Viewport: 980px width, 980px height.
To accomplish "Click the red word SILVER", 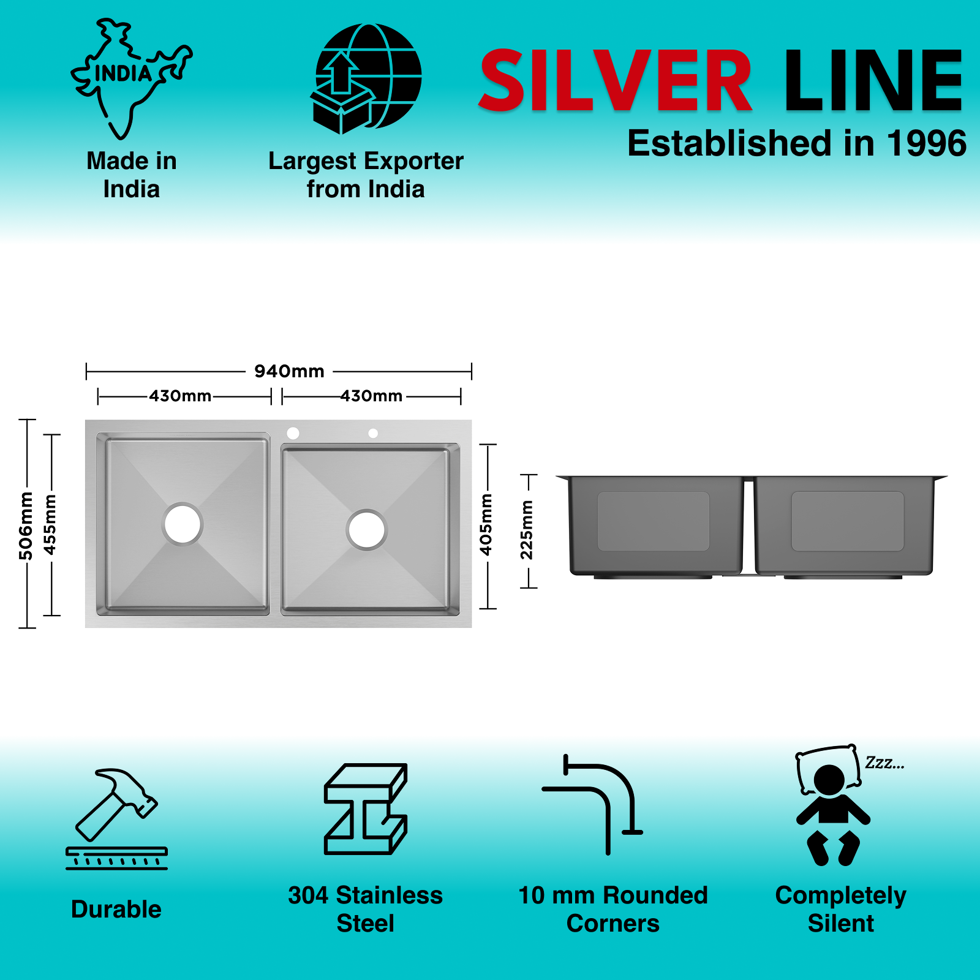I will [615, 81].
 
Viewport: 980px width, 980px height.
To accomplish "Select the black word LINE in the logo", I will [873, 81].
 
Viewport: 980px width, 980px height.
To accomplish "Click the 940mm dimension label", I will [289, 371].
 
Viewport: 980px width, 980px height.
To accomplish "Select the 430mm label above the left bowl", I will [180, 396].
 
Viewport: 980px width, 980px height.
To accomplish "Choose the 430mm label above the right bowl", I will [371, 396].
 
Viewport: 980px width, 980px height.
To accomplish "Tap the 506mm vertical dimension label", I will [26, 526].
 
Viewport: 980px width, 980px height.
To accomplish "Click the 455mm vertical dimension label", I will [50, 525].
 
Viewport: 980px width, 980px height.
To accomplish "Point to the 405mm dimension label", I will [486, 525].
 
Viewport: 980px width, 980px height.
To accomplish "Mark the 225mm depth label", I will [527, 530].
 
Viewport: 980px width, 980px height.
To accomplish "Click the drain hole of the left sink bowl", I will [183, 524].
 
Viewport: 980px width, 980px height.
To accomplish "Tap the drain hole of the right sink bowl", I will [366, 529].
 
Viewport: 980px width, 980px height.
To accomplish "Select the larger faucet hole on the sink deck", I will [293, 433].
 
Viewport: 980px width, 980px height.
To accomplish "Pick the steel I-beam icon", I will [366, 809].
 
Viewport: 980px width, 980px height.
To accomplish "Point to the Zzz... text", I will [884, 763].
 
